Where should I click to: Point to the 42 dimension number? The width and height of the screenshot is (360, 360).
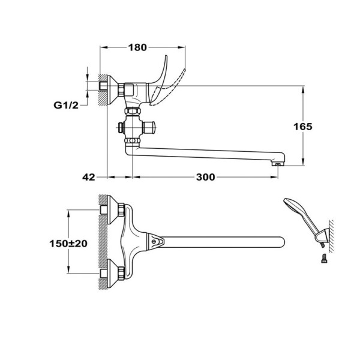pyautogui.click(x=89, y=177)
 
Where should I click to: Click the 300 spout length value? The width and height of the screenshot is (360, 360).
pyautogui.click(x=205, y=177)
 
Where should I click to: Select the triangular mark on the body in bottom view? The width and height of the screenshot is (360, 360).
pyautogui.click(x=156, y=242)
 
